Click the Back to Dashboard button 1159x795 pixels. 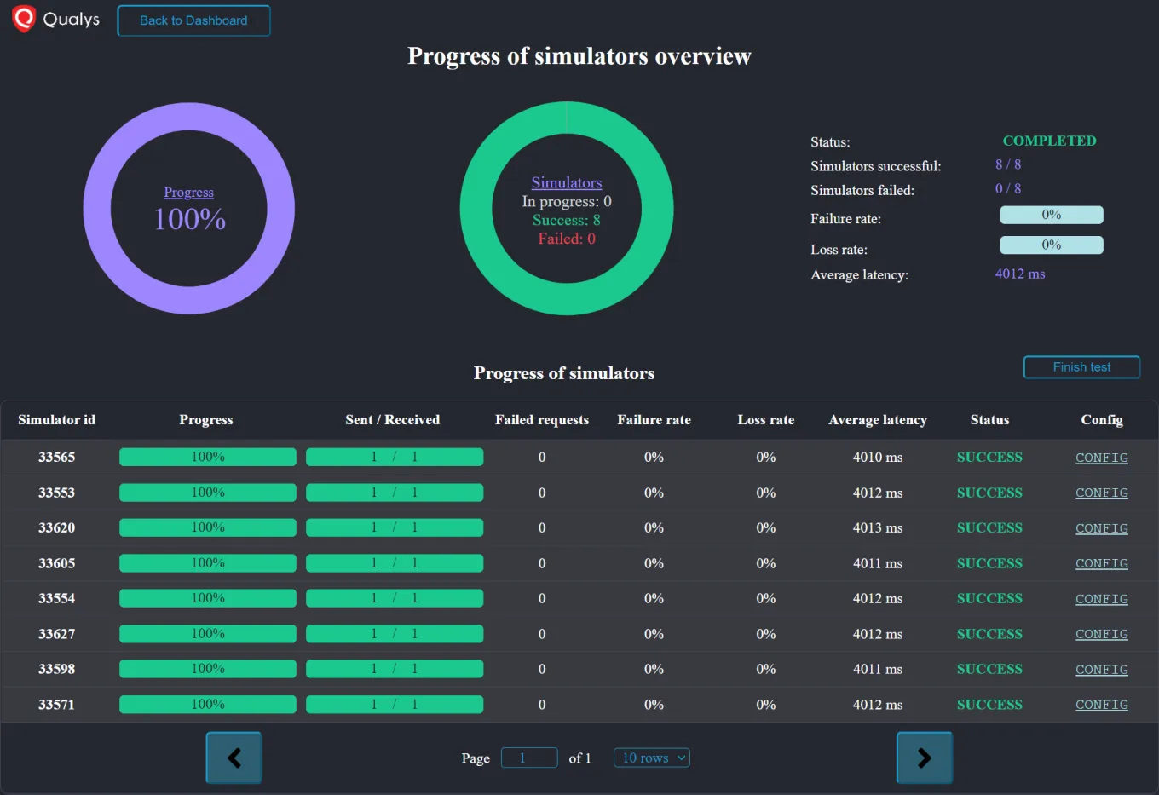point(193,20)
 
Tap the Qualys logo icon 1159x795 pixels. point(24,19)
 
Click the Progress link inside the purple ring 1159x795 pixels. point(188,193)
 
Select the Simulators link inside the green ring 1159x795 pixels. point(566,182)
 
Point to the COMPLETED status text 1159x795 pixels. point(1049,141)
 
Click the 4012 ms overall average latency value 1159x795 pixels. point(1019,274)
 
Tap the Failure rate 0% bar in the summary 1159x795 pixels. point(1051,215)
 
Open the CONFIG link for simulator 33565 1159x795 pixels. point(1101,458)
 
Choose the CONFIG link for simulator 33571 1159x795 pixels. point(1101,705)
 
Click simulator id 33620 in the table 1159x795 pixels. point(56,527)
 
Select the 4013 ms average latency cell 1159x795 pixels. point(877,527)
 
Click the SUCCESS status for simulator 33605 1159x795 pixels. point(989,563)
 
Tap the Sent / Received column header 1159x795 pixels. point(392,419)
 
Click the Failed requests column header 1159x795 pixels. point(541,419)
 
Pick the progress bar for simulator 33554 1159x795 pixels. point(207,598)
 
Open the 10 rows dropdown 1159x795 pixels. point(651,758)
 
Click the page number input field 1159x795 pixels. point(528,758)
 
